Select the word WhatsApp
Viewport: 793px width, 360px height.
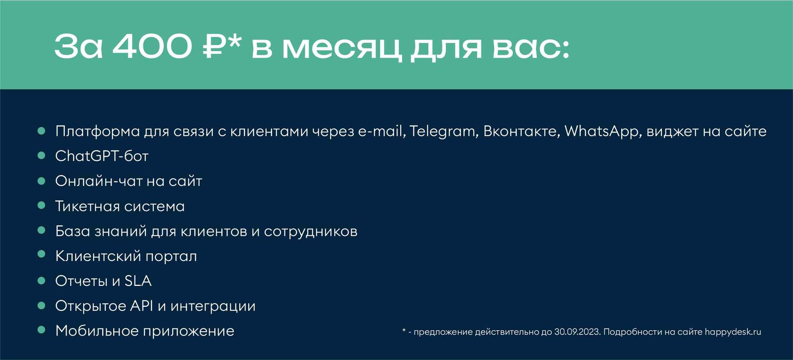tap(601, 131)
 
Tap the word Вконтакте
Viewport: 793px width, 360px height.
tap(520, 131)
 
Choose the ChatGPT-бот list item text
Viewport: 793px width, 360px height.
tap(102, 156)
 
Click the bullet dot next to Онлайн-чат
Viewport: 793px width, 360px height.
tap(42, 181)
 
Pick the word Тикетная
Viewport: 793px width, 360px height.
tap(87, 206)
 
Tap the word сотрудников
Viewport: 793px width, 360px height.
tap(311, 232)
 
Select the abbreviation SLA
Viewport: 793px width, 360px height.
tap(138, 281)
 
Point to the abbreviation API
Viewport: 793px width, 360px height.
tap(141, 306)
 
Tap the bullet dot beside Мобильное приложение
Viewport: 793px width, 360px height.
tap(42, 330)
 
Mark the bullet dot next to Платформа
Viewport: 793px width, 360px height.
tap(42, 131)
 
